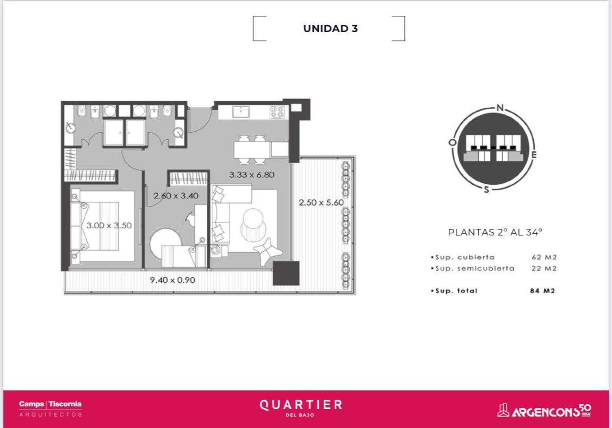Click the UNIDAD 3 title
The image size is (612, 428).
coord(330,28)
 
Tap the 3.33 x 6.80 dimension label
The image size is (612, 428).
coord(252,175)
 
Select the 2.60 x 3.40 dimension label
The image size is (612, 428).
coord(176,195)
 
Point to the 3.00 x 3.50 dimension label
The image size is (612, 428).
coord(109,225)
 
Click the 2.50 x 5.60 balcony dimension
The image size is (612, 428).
coord(321,202)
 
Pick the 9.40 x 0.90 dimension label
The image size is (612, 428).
coord(172,280)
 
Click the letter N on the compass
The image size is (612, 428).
coord(500,108)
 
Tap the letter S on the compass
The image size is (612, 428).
coord(486,190)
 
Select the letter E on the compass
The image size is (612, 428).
coord(534,154)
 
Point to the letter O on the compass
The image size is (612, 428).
coord(453,142)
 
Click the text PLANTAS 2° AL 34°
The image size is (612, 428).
coord(495,232)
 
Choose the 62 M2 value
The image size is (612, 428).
coord(544,257)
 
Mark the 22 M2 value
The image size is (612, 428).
coord(544,269)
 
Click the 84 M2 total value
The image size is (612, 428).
coord(542,290)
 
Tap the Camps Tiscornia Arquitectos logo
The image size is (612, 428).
coord(51,408)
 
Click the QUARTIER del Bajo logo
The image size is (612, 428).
coord(301,407)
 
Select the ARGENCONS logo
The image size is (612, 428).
coord(544,411)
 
